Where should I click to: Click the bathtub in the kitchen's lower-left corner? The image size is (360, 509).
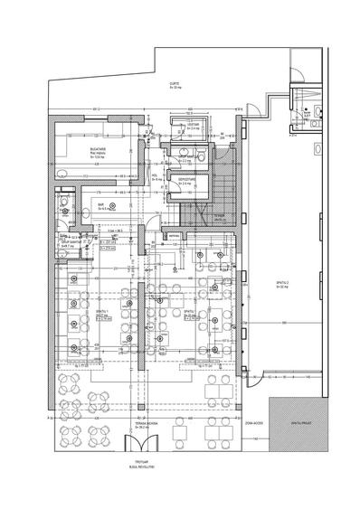click(60, 173)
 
